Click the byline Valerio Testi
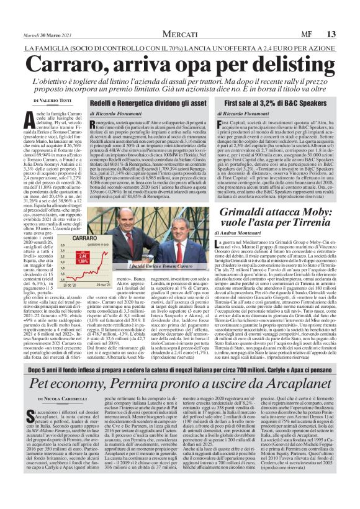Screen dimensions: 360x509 coord(55,99)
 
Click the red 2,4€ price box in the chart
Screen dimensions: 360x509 coord(81,256)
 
